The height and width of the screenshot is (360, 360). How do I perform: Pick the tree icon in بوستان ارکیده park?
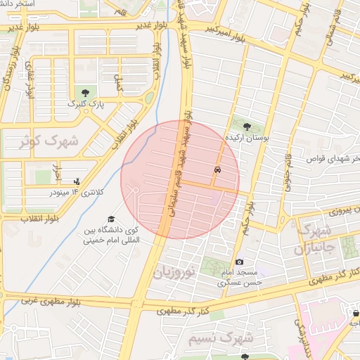pos(245,127)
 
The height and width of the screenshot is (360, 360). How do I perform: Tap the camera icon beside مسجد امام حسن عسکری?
pos(239,262)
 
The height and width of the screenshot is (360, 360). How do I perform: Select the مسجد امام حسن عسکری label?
pos(239,277)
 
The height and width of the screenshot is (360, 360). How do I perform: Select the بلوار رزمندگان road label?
pos(8,74)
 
